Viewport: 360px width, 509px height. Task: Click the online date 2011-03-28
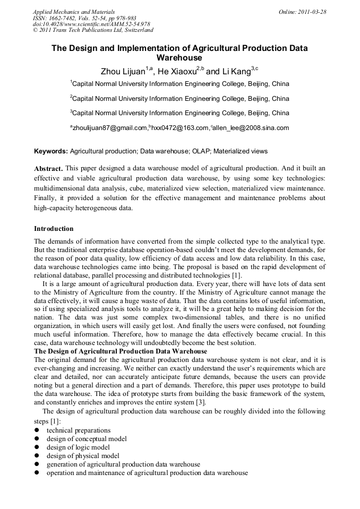pos(312,12)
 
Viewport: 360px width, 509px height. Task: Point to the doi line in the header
pos(91,24)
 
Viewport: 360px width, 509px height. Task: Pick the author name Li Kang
pos(236,71)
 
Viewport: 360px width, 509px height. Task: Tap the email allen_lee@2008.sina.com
pos(251,128)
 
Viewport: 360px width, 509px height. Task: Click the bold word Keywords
pos(51,151)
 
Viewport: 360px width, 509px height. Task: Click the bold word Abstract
pos(48,168)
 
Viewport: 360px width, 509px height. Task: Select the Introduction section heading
pos(54,229)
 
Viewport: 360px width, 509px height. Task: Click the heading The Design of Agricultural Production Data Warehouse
pos(121,351)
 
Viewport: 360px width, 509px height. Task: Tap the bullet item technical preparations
pos(79,430)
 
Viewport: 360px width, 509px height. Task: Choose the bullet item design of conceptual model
pos(87,439)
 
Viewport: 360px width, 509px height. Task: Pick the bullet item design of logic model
pos(78,447)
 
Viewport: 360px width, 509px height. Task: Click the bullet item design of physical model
pos(83,456)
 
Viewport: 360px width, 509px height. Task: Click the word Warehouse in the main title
pos(179,57)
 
